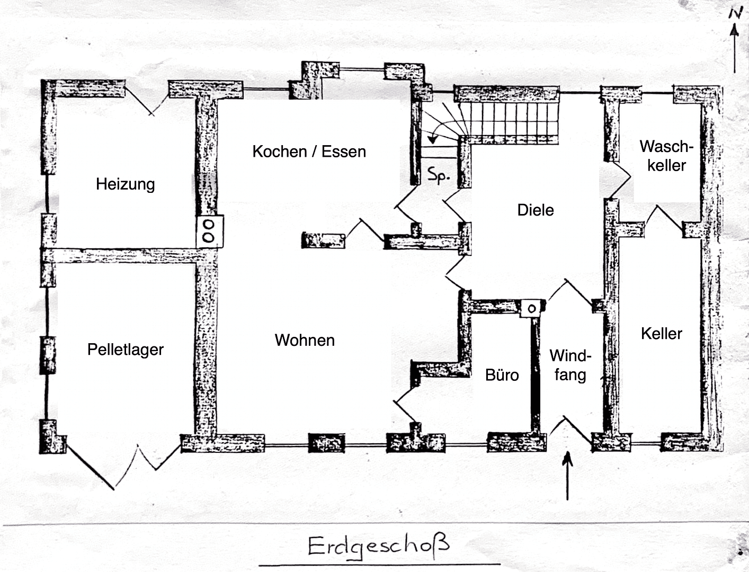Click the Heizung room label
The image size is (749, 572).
tap(126, 184)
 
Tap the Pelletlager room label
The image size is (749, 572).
tap(126, 350)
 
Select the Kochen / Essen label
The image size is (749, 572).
tap(309, 151)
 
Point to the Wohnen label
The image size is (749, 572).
tap(305, 340)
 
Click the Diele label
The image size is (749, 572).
tap(536, 210)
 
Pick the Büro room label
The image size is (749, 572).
tap(502, 375)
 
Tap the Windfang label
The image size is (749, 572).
tap(570, 365)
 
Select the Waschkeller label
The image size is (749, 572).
tap(666, 156)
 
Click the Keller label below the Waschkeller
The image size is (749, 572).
tap(661, 334)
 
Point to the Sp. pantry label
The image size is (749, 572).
tap(439, 175)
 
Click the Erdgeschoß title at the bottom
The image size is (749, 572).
tap(378, 546)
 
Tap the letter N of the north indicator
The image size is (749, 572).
tap(735, 13)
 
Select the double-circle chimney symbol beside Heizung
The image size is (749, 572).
tap(209, 231)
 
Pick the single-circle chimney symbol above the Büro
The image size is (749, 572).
tap(531, 308)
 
